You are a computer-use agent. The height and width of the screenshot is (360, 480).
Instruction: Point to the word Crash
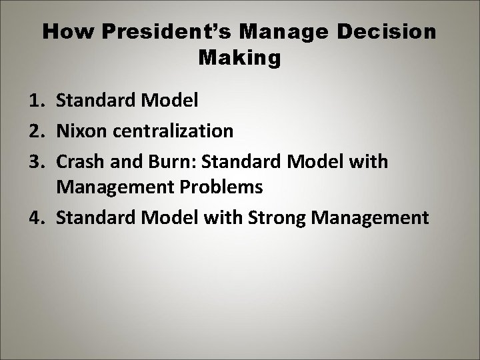(79, 160)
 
